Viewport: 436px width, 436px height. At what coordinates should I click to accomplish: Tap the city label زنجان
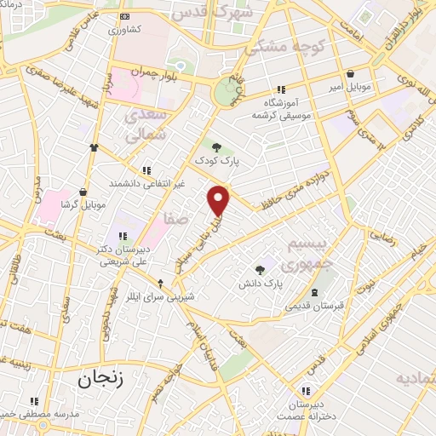tap(101, 377)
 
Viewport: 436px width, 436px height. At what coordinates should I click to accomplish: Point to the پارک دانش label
tap(266, 282)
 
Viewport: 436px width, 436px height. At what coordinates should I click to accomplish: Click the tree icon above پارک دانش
tap(260, 269)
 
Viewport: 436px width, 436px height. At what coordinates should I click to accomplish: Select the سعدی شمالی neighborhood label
tap(143, 125)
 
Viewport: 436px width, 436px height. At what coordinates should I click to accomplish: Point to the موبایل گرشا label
tap(83, 205)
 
